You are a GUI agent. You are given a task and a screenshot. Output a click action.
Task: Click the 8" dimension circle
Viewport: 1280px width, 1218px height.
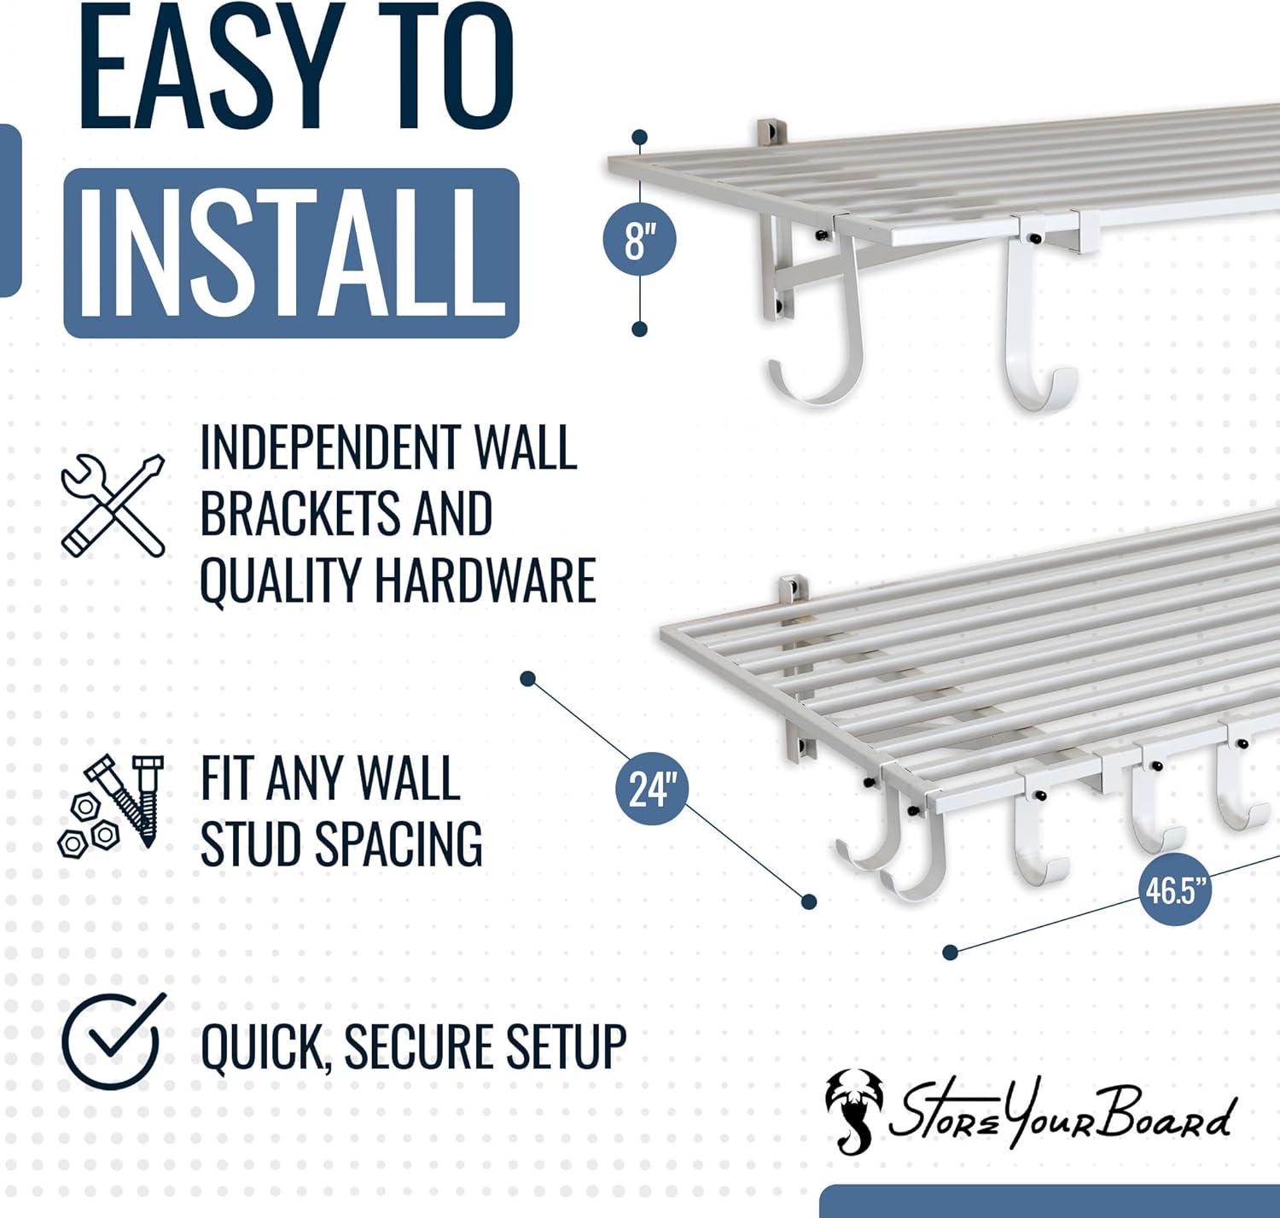(x=640, y=239)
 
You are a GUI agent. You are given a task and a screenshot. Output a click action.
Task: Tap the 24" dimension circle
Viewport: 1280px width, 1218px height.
(x=652, y=787)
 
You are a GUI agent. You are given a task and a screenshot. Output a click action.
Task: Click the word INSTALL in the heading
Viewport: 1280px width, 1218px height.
(x=292, y=254)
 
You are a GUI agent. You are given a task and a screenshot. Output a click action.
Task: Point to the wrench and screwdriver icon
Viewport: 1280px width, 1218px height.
(x=113, y=504)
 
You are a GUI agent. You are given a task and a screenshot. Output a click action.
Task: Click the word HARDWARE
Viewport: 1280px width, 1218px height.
(x=485, y=580)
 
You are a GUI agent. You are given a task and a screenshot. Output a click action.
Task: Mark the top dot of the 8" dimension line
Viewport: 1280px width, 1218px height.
(x=640, y=137)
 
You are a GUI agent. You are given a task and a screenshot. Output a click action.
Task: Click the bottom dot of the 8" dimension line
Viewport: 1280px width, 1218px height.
(x=640, y=329)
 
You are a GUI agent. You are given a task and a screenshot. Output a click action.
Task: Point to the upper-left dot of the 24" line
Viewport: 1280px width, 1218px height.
(x=528, y=679)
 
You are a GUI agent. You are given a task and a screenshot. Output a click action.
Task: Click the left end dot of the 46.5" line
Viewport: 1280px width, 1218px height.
(x=951, y=952)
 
